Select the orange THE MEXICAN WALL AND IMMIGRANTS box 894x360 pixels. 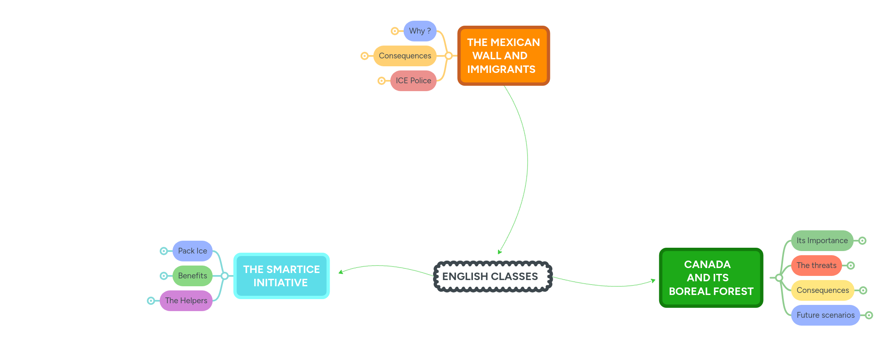point(503,56)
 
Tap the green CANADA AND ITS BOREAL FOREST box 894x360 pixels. point(711,278)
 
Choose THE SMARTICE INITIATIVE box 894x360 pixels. point(281,276)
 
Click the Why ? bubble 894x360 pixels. point(419,31)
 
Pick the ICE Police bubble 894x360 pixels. point(413,81)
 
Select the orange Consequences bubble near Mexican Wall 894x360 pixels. point(405,56)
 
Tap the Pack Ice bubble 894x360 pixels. point(192,251)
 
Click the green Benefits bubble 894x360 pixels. point(192,276)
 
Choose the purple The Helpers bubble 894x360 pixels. point(186,301)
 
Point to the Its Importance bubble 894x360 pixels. point(822,241)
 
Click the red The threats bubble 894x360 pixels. point(816,266)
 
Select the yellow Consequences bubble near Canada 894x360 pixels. point(822,290)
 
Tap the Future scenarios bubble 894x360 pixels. point(825,315)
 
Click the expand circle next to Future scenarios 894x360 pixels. point(869,315)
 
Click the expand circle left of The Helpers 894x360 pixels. point(151,301)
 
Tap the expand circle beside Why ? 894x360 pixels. point(395,31)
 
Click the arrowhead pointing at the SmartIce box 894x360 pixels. point(340,272)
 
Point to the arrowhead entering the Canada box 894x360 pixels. point(653,281)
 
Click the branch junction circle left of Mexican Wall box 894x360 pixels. point(448,56)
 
